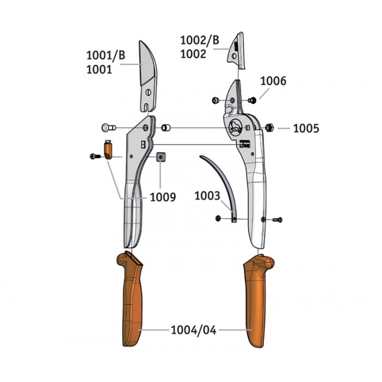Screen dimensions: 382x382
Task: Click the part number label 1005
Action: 306,128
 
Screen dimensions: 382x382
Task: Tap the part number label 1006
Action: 273,81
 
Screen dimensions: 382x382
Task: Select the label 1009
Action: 163,197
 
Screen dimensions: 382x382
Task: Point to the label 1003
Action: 207,195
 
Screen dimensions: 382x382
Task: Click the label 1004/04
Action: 193,330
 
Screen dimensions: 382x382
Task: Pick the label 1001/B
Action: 106,55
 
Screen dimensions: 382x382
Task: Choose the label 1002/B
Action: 200,40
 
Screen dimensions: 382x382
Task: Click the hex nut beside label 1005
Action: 269,127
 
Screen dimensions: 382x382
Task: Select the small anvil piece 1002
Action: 236,52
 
